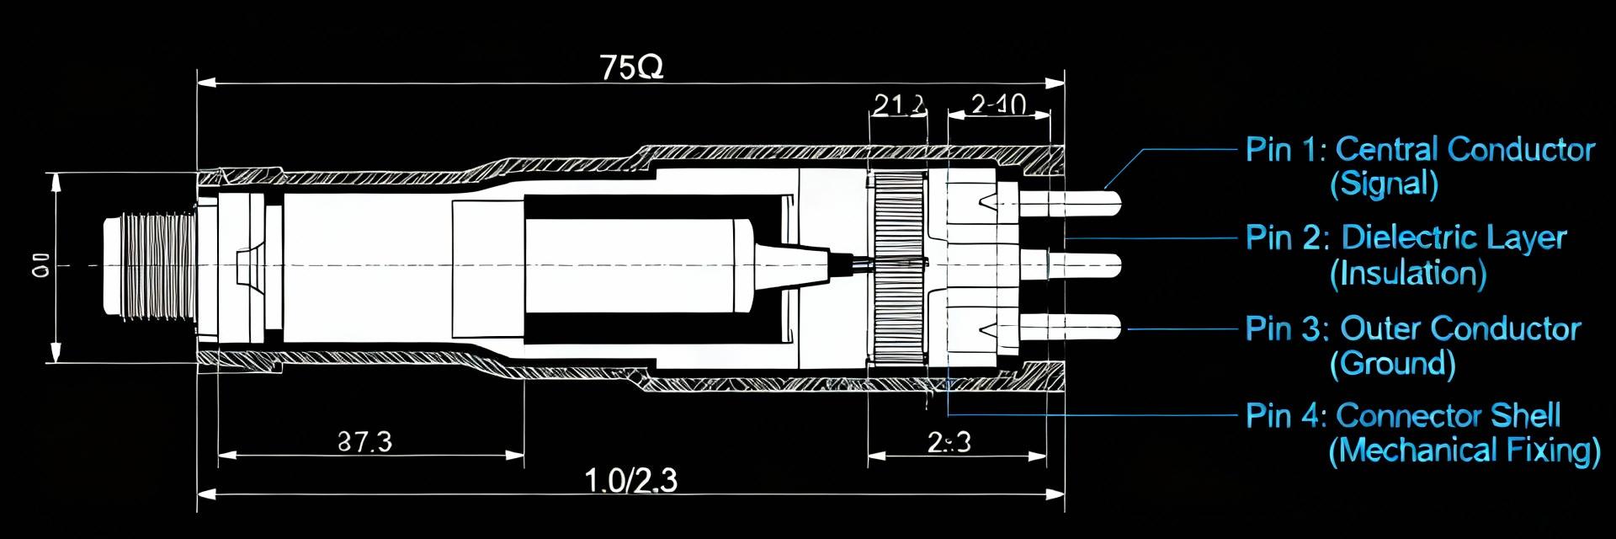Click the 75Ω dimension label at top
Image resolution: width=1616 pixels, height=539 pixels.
[x=632, y=67]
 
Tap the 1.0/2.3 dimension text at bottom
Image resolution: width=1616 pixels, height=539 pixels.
[x=630, y=481]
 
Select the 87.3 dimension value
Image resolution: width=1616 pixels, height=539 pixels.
[x=364, y=441]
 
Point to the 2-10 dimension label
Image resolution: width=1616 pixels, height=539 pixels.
[x=998, y=104]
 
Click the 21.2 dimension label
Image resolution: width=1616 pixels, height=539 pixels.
[x=899, y=104]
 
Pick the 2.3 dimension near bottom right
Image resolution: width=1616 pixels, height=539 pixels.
[x=949, y=441]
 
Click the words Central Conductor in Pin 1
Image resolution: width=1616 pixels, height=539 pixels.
[x=1464, y=150]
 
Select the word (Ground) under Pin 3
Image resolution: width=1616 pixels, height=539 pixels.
[x=1392, y=363]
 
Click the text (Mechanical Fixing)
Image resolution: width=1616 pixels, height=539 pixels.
[x=1464, y=451]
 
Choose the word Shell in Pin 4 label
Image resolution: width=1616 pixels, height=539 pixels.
[x=1525, y=415]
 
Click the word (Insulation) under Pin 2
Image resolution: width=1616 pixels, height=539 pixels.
[x=1407, y=274]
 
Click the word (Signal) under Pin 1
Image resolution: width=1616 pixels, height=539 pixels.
[x=1384, y=184]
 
